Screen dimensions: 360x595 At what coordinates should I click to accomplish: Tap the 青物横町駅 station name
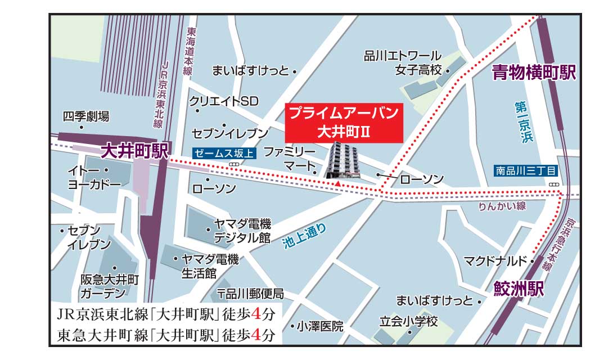(x=534, y=73)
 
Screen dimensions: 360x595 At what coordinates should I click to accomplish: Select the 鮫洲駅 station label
(x=519, y=290)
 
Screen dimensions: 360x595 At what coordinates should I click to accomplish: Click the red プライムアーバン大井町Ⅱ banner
(x=343, y=123)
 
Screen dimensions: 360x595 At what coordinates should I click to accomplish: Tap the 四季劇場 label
(x=86, y=116)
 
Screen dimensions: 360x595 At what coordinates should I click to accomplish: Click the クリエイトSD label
(x=223, y=101)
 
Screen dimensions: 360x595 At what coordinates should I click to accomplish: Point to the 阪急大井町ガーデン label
(x=109, y=286)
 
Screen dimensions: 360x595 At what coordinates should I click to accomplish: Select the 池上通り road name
(x=304, y=236)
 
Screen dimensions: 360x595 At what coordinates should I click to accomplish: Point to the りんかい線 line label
(x=502, y=206)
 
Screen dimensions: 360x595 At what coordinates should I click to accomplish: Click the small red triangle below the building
(x=337, y=184)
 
